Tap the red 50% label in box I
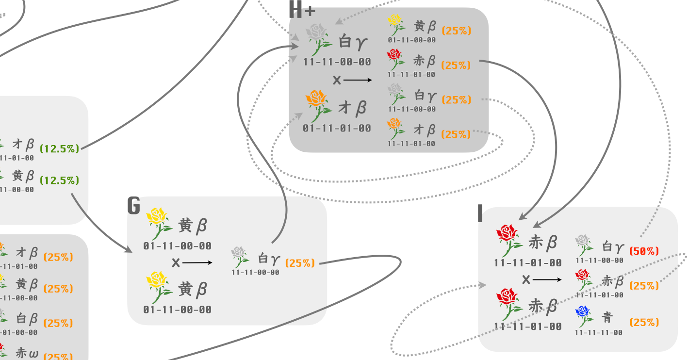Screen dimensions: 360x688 click(x=644, y=251)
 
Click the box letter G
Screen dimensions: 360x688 click(x=134, y=206)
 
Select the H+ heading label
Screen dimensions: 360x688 click(x=302, y=10)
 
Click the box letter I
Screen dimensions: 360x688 click(x=480, y=213)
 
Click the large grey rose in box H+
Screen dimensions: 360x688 click(x=317, y=39)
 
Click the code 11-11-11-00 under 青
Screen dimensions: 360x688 click(x=599, y=333)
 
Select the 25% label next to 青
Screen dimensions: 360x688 click(x=644, y=322)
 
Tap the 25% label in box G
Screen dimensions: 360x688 click(x=300, y=263)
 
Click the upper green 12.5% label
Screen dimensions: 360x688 click(x=59, y=149)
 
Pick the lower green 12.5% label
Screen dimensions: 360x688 click(x=59, y=180)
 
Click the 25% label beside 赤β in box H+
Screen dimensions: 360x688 click(x=456, y=65)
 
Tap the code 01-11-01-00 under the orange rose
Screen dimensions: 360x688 click(x=337, y=129)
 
